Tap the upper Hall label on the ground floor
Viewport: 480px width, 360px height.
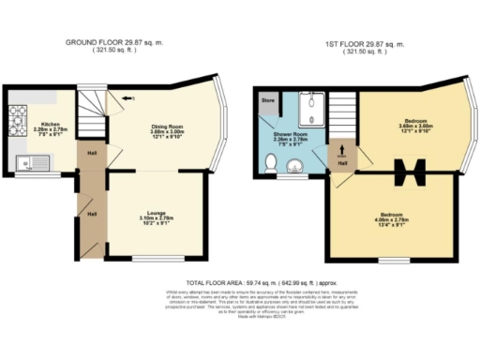[92, 154]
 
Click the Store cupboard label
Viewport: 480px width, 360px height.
[267, 98]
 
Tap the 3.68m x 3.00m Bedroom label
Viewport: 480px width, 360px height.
[416, 127]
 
